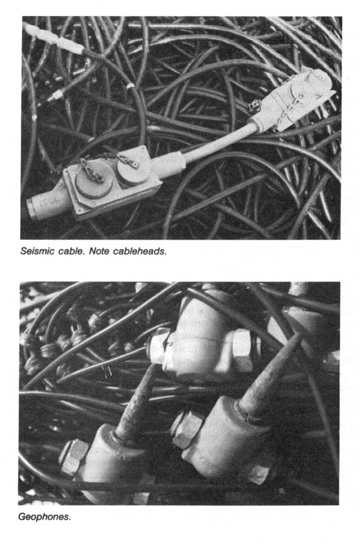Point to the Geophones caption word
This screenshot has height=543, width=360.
[44, 517]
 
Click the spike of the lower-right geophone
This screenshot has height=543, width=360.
[269, 375]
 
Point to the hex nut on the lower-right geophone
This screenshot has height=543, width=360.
[185, 429]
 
